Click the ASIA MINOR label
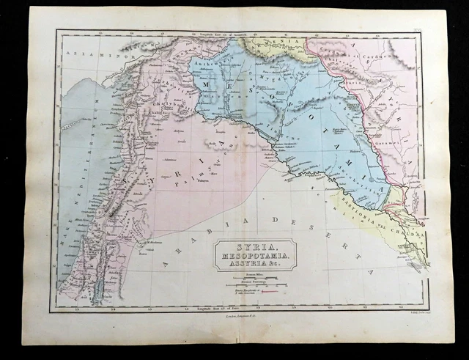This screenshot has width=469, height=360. [x=82, y=55]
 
